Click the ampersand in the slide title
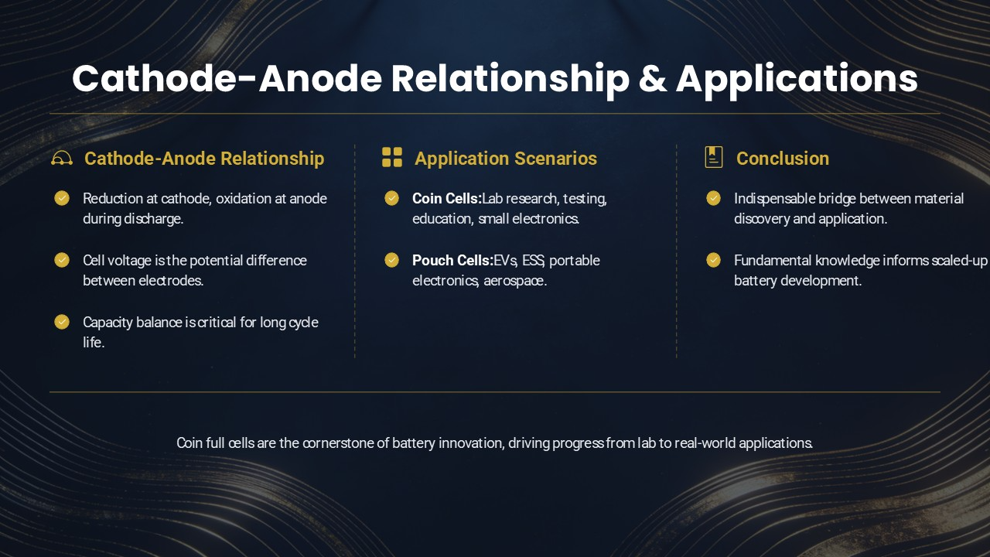(652, 79)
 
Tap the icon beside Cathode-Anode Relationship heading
(62, 158)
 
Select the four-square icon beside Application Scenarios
(392, 157)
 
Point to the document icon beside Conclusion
(714, 157)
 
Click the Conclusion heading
(782, 159)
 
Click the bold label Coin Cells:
(446, 199)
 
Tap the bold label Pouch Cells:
(452, 261)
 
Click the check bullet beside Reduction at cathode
(62, 198)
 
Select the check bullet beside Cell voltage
(62, 260)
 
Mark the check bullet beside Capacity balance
(62, 322)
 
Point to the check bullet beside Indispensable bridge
(713, 198)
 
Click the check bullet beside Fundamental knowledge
(713, 260)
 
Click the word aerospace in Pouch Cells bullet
(515, 281)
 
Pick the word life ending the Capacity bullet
(94, 343)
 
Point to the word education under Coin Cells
(442, 219)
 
